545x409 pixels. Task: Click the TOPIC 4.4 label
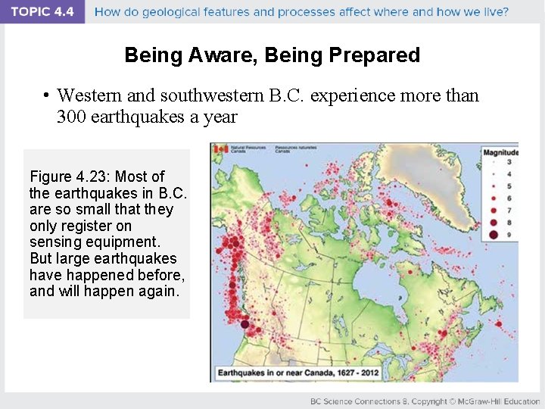coord(42,11)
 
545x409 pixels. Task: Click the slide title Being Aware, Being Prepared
coord(272,55)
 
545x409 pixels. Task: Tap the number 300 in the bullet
coord(71,117)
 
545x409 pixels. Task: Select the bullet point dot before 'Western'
coord(47,95)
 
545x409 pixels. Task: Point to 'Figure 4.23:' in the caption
coord(70,176)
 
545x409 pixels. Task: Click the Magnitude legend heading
coord(500,152)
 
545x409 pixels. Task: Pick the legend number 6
coord(509,198)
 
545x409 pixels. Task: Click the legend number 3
coord(509,162)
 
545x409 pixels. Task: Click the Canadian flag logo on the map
coord(221,149)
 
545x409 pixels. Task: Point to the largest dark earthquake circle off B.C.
coord(244,325)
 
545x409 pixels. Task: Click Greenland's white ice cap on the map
coord(424,170)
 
